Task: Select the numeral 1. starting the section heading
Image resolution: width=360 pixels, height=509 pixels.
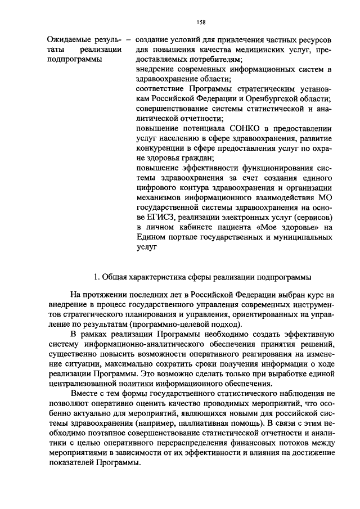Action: coord(97,276)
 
